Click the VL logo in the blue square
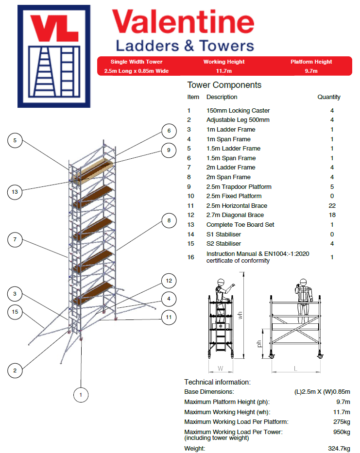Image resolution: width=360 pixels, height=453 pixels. point(54,56)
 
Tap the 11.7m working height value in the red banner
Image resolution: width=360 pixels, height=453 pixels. point(223,71)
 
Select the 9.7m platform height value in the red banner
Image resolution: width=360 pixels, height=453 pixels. point(311,71)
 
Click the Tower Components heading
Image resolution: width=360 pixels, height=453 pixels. point(224,85)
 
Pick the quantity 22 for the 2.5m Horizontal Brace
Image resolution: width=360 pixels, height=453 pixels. point(332,206)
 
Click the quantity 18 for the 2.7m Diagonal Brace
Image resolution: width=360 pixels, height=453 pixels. point(332,215)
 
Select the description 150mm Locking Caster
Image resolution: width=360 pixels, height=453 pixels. point(238,111)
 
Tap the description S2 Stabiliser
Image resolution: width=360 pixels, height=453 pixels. point(223,244)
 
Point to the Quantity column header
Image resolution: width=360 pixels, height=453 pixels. point(329,97)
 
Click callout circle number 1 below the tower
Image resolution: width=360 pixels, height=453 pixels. point(81,395)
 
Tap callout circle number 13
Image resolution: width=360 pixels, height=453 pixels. point(15,192)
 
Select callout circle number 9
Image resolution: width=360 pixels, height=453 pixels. point(169,150)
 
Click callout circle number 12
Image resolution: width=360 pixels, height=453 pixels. point(169,281)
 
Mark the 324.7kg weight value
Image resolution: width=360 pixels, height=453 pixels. point(339,449)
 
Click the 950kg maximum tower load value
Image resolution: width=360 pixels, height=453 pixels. point(341,432)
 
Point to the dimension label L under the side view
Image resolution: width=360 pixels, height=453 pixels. point(295,369)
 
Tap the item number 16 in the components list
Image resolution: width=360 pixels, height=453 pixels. point(190,257)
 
